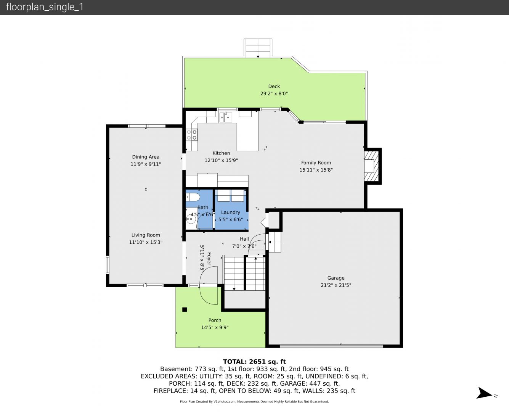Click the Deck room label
274,86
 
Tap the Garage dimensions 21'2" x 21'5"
336,285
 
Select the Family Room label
316,163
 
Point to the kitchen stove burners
192,135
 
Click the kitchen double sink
226,117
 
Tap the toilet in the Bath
193,197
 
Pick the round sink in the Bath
191,219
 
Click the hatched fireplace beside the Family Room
372,166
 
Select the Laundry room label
230,212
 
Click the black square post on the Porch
185,309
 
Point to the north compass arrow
484,393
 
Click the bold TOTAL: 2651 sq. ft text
254,362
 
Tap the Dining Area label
146,157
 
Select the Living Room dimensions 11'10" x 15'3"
146,242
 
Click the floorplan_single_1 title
45,7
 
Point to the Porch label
215,320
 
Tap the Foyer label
209,259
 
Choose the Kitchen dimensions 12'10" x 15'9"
221,160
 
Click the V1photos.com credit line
254,401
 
